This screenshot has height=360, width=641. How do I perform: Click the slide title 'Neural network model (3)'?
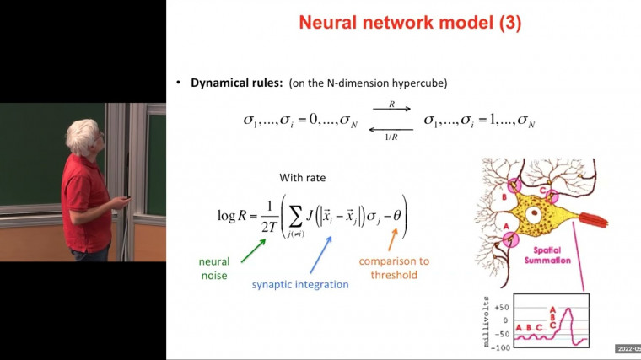coord(410,24)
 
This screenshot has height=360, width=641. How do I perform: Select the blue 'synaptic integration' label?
coord(300,285)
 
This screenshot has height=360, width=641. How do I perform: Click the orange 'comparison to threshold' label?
coord(394,268)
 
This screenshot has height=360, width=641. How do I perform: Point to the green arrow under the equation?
coord(251,249)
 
